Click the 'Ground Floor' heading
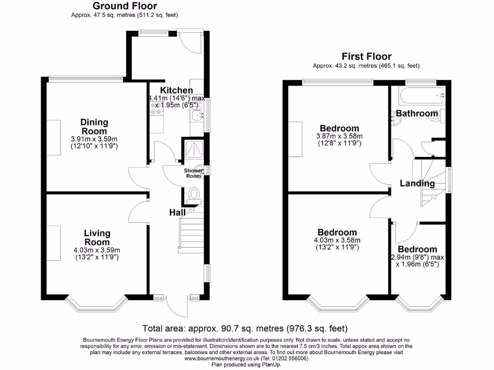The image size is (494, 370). click(x=124, y=6)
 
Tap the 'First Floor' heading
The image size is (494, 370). click(x=367, y=56)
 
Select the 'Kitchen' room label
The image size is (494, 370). click(x=177, y=91)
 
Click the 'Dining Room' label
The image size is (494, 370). click(x=94, y=127)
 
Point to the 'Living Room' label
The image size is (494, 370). click(x=97, y=238)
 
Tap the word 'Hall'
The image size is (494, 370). click(x=178, y=212)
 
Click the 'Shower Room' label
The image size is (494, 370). click(x=194, y=173)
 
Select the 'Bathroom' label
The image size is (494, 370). click(x=417, y=114)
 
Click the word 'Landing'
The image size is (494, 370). click(x=417, y=184)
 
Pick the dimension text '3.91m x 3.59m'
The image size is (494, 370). click(x=94, y=139)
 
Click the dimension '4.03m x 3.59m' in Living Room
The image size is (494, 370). click(x=97, y=250)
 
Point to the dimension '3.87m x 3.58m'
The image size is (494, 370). click(x=340, y=136)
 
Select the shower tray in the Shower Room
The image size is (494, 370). click(x=193, y=150)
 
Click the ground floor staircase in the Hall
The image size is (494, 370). click(x=191, y=231)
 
